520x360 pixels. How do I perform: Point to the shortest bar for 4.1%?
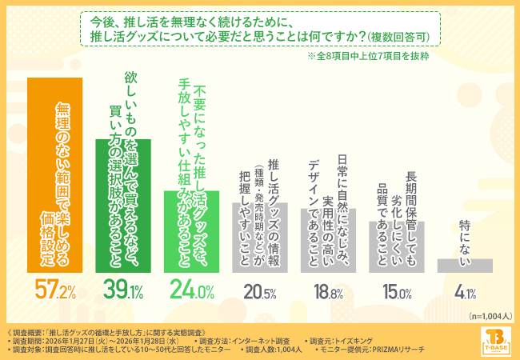(463, 266)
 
